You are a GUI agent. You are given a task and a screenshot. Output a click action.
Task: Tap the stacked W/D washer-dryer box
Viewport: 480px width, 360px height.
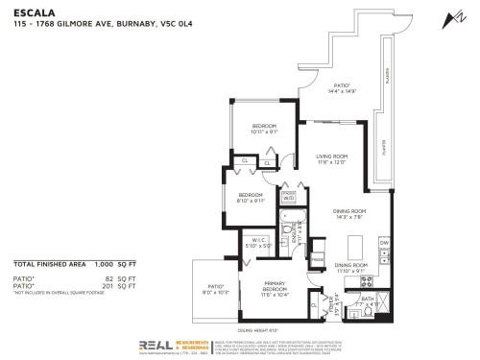point(288,196)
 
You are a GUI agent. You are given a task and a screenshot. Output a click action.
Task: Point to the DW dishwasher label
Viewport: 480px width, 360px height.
point(383,244)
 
